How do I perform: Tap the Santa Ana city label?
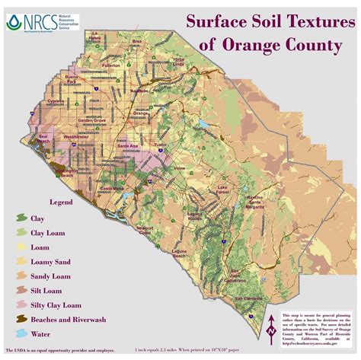pos(126,144)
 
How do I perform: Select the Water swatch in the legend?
pos(21,333)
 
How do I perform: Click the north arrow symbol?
pos(271,330)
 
